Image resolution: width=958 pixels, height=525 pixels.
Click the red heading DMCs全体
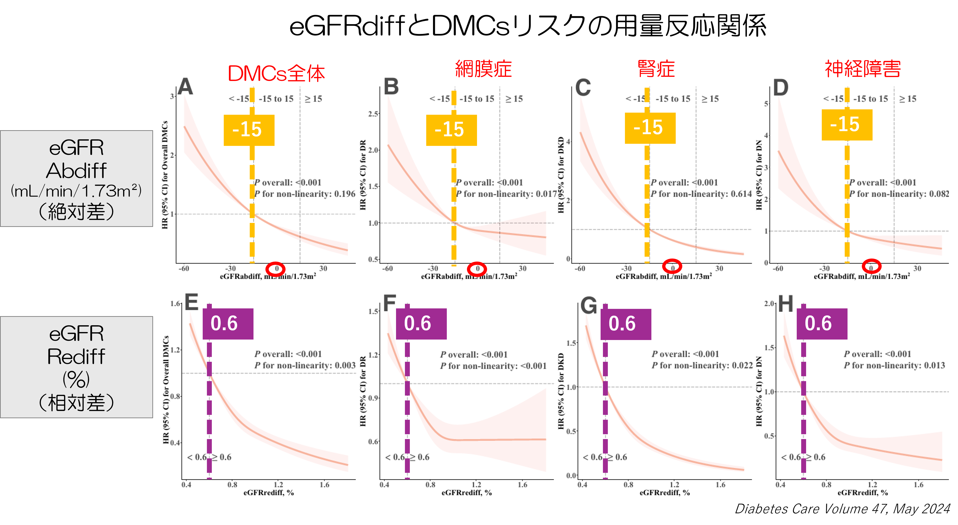point(276,74)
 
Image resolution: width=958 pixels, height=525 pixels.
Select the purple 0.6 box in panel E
point(228,323)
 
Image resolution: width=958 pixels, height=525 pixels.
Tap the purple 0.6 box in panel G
point(626,324)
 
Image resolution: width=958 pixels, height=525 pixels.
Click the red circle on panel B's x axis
point(477,268)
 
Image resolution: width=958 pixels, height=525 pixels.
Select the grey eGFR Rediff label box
point(76,367)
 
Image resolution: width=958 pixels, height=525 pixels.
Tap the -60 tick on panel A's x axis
point(184,268)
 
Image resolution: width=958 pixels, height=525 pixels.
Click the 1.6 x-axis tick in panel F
point(522,484)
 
